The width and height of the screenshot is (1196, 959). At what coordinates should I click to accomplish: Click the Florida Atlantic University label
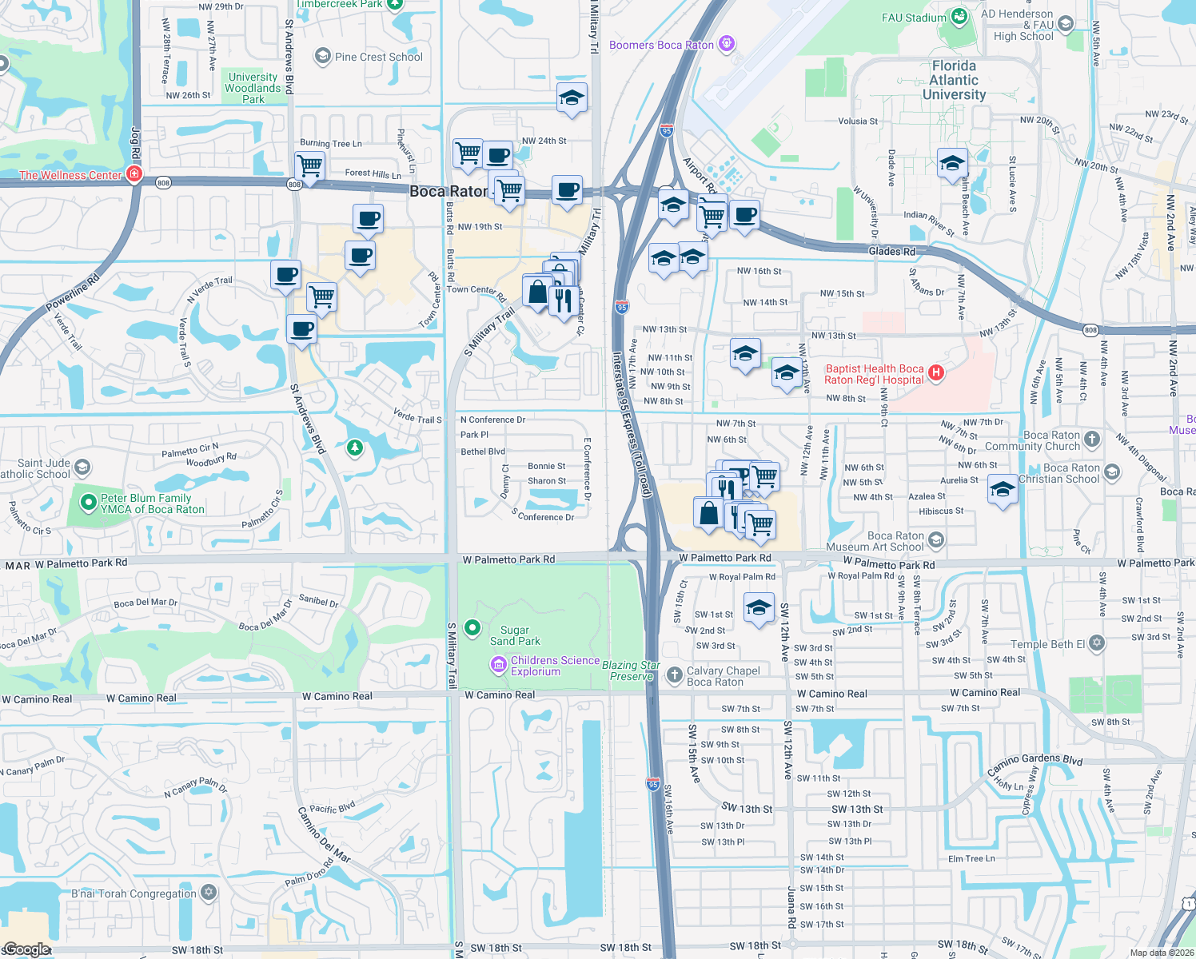click(x=954, y=80)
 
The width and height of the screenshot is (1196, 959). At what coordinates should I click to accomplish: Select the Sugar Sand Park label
click(x=515, y=635)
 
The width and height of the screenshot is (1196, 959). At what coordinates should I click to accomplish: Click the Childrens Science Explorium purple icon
click(x=498, y=665)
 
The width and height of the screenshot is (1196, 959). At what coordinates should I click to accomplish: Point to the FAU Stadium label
click(x=914, y=18)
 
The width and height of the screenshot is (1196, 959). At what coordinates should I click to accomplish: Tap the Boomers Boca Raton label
click(x=661, y=45)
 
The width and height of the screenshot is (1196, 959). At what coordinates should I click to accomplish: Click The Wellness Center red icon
click(x=134, y=174)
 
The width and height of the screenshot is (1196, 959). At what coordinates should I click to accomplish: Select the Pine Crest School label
click(x=379, y=57)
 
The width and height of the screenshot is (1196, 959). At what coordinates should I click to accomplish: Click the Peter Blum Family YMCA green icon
click(x=89, y=503)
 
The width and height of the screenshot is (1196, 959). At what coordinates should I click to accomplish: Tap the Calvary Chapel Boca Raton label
click(x=723, y=676)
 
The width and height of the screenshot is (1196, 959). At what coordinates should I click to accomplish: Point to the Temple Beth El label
click(x=1048, y=644)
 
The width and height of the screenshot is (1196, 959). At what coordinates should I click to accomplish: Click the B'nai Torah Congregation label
click(x=134, y=893)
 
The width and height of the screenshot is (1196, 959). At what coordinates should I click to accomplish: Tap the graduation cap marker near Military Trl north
click(x=572, y=97)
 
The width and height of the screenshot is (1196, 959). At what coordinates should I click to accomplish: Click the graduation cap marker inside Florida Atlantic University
click(x=951, y=163)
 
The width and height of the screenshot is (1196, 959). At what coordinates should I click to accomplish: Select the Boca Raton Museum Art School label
click(x=895, y=541)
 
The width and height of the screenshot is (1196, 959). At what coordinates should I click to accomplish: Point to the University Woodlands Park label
click(x=253, y=88)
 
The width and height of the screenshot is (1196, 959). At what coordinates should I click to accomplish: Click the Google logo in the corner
click(x=26, y=949)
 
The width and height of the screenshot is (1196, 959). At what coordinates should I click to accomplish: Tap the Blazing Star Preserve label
click(x=631, y=671)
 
